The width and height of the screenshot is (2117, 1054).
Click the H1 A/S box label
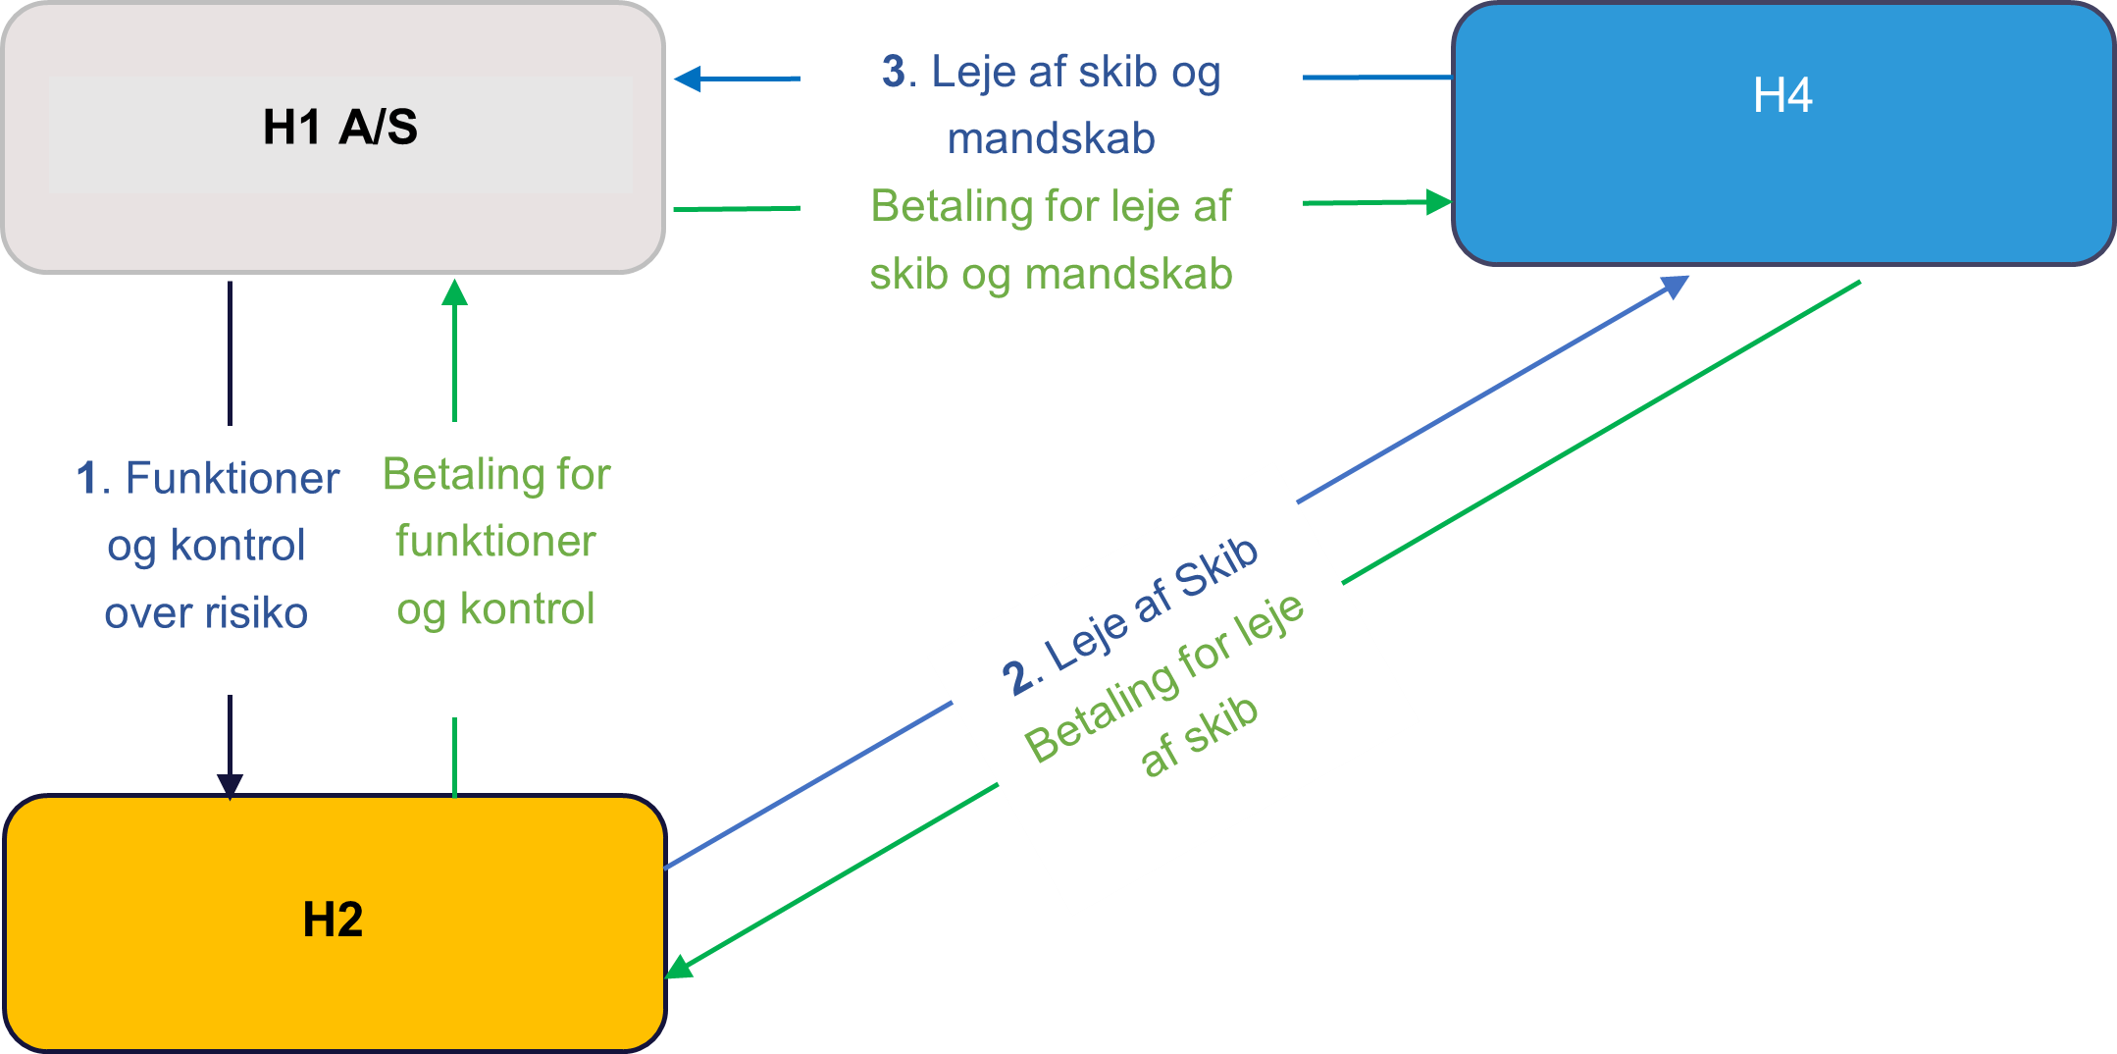coord(339,128)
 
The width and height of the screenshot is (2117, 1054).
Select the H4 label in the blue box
coord(1782,96)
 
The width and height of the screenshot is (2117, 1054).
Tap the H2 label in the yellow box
coord(333,921)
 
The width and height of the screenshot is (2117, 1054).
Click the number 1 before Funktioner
coord(87,479)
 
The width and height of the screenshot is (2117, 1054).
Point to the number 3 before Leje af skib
coord(894,72)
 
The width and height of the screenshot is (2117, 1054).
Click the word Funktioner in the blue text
coord(232,479)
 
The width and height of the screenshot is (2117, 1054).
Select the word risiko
coord(256,613)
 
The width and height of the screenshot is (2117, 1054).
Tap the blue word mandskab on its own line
coord(1051,139)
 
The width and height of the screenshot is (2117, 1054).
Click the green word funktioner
coord(495,542)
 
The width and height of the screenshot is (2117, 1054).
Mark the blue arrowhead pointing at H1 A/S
coord(688,79)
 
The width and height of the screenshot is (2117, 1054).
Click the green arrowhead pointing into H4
coord(1438,202)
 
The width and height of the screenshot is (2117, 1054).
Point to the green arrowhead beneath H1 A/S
coord(454,291)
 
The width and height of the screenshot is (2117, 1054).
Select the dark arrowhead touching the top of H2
coord(230,785)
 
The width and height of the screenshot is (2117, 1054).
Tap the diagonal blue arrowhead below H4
coord(1675,286)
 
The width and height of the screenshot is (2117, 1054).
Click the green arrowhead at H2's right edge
coord(679,968)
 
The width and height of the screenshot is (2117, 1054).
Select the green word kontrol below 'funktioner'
coord(527,609)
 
